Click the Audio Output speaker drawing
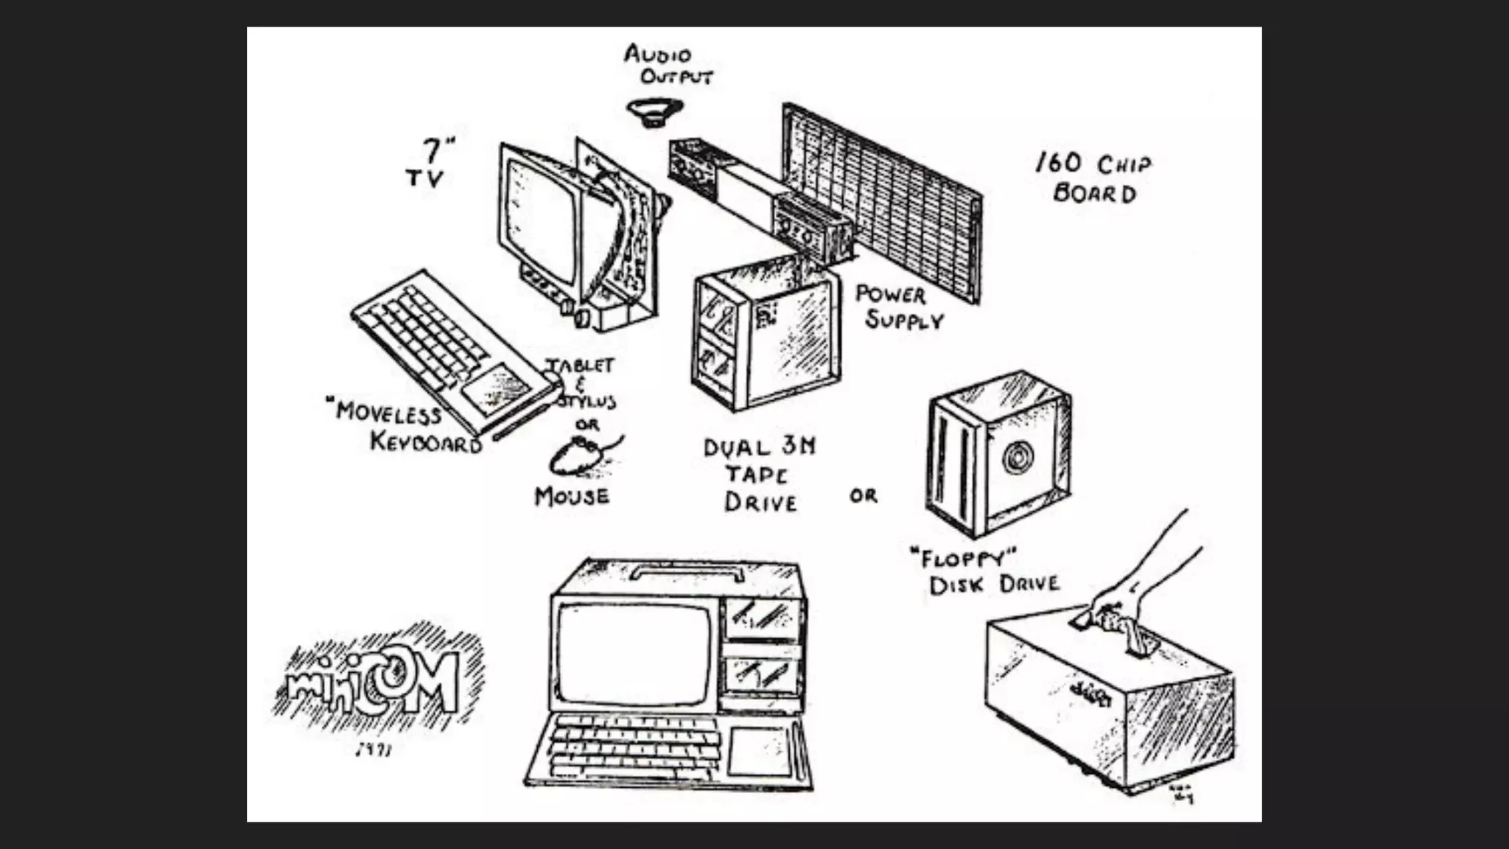pyautogui.click(x=654, y=112)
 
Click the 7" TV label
pyautogui.click(x=430, y=164)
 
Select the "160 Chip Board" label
pyautogui.click(x=1094, y=178)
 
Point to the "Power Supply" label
pyautogui.click(x=897, y=307)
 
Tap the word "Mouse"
pyautogui.click(x=572, y=497)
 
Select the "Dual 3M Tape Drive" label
pyautogui.click(x=760, y=475)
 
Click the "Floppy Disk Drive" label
pyautogui.click(x=984, y=571)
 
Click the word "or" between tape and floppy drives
pyautogui.click(x=864, y=496)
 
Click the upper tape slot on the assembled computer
pyautogui.click(x=763, y=618)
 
